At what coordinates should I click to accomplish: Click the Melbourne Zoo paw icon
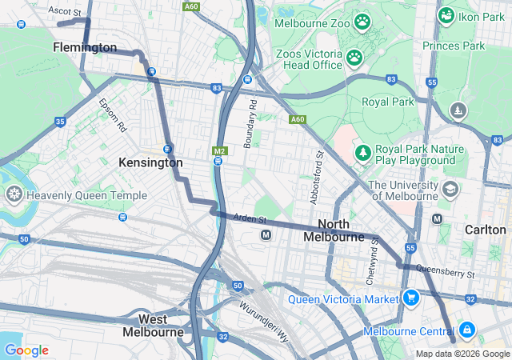[362, 22]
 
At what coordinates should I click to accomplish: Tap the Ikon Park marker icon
[446, 15]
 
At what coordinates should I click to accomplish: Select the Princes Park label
[454, 46]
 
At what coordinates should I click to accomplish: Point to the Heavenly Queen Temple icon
[14, 194]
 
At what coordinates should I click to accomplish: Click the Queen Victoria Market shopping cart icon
[411, 298]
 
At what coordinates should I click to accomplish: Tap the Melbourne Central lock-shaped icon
[466, 330]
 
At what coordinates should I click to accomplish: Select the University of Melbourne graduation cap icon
[450, 190]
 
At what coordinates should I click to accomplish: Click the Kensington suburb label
[150, 162]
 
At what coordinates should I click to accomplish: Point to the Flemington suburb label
[85, 48]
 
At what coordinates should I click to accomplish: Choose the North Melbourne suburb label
[334, 230]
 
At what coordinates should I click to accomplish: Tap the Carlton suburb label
[485, 230]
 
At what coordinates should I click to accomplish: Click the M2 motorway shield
[219, 150]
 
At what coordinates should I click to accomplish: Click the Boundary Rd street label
[250, 123]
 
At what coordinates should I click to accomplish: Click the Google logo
[26, 350]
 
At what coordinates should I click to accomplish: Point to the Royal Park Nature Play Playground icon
[363, 152]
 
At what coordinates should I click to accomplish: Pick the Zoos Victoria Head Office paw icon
[353, 57]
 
